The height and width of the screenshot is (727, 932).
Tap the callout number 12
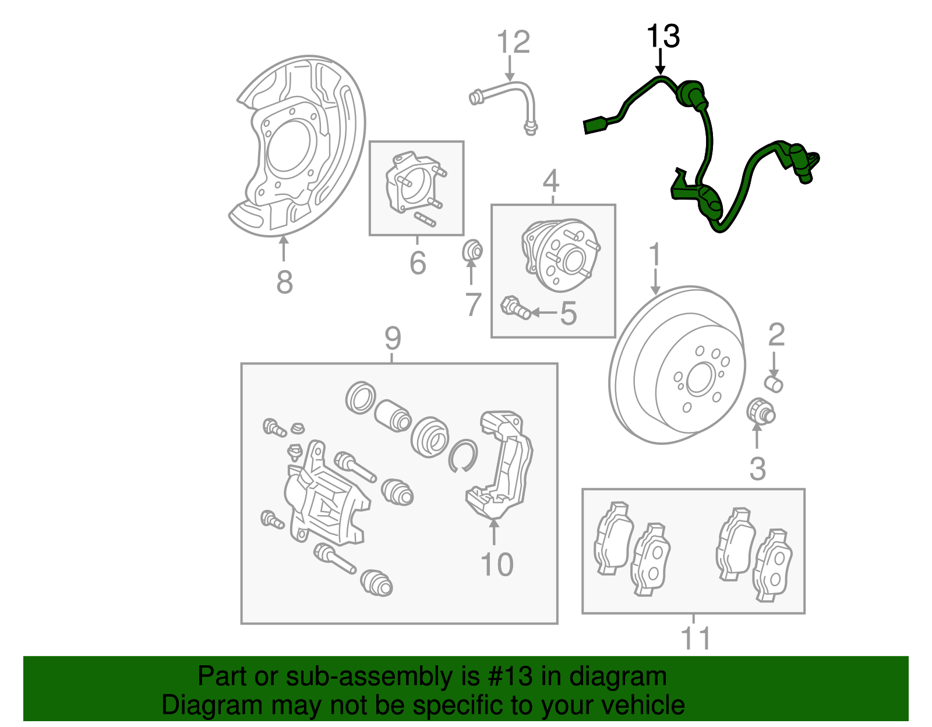tap(513, 42)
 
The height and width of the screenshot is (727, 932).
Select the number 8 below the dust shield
tap(284, 283)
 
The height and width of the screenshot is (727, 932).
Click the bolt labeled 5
tap(516, 307)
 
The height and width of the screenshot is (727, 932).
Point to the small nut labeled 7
tap(472, 251)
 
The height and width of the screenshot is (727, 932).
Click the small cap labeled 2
tap(774, 384)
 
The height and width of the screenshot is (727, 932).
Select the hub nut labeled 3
tap(760, 411)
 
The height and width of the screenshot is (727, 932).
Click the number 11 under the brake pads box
tap(695, 639)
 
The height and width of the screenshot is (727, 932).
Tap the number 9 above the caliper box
tap(393, 338)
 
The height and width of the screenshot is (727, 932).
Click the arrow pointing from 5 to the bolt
tap(543, 313)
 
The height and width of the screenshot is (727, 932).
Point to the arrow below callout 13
tap(660, 61)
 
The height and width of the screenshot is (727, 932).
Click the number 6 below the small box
tap(418, 263)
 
